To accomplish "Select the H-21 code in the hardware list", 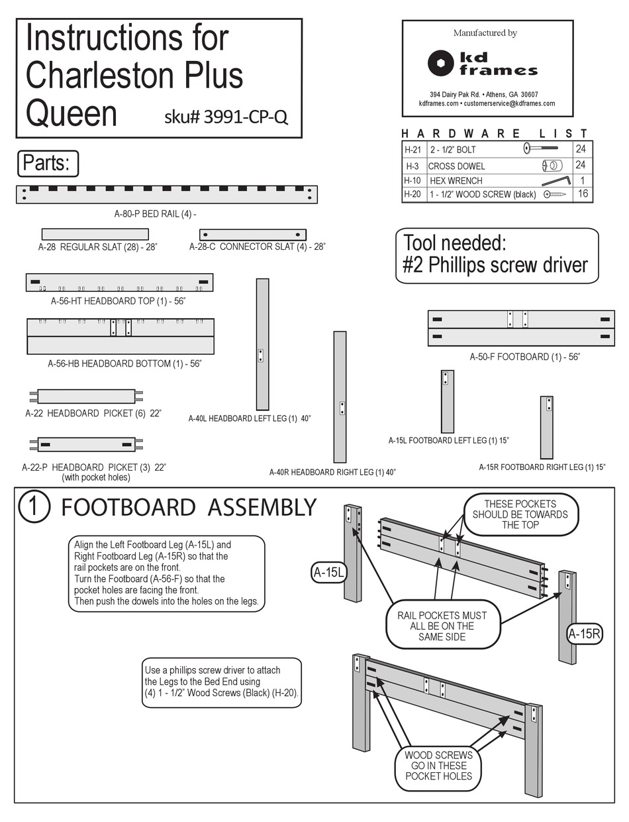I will (412, 150).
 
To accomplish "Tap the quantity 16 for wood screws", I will (583, 194).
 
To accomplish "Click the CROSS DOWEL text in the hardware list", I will (456, 166).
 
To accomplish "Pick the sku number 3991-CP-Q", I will (226, 117).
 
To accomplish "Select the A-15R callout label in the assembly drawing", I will (584, 634).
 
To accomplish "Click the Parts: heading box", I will (46, 163).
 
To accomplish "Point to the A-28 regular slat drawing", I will (95, 234).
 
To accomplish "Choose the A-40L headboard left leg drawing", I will (262, 343).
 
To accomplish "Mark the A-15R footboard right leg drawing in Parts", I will (546, 427).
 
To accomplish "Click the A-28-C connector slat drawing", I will (252, 235).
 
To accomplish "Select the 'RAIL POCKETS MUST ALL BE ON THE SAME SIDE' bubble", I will (436, 626).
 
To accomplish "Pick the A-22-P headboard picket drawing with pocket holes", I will (85, 444).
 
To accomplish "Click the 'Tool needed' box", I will (496, 255).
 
